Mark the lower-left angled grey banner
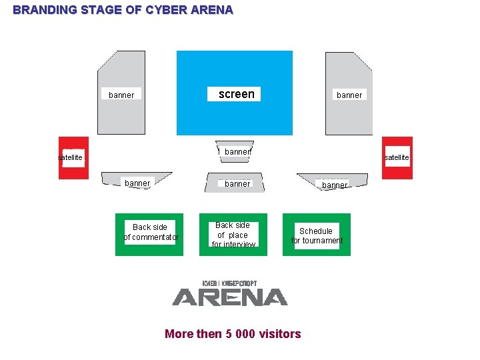tap(137, 180)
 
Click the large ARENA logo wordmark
tap(230, 297)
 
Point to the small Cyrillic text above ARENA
tap(230, 283)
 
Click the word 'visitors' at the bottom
tap(280, 334)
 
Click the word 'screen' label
tap(237, 94)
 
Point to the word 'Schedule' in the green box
tap(316, 231)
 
